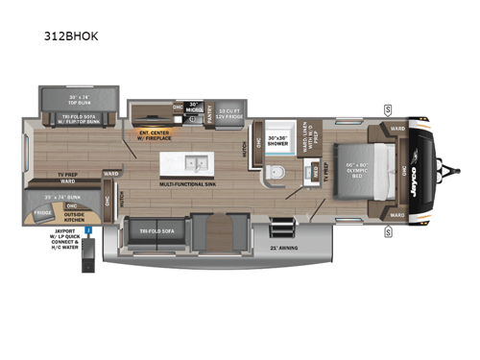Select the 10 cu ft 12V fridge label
229,112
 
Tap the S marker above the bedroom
388,108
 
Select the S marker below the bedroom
388,228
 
